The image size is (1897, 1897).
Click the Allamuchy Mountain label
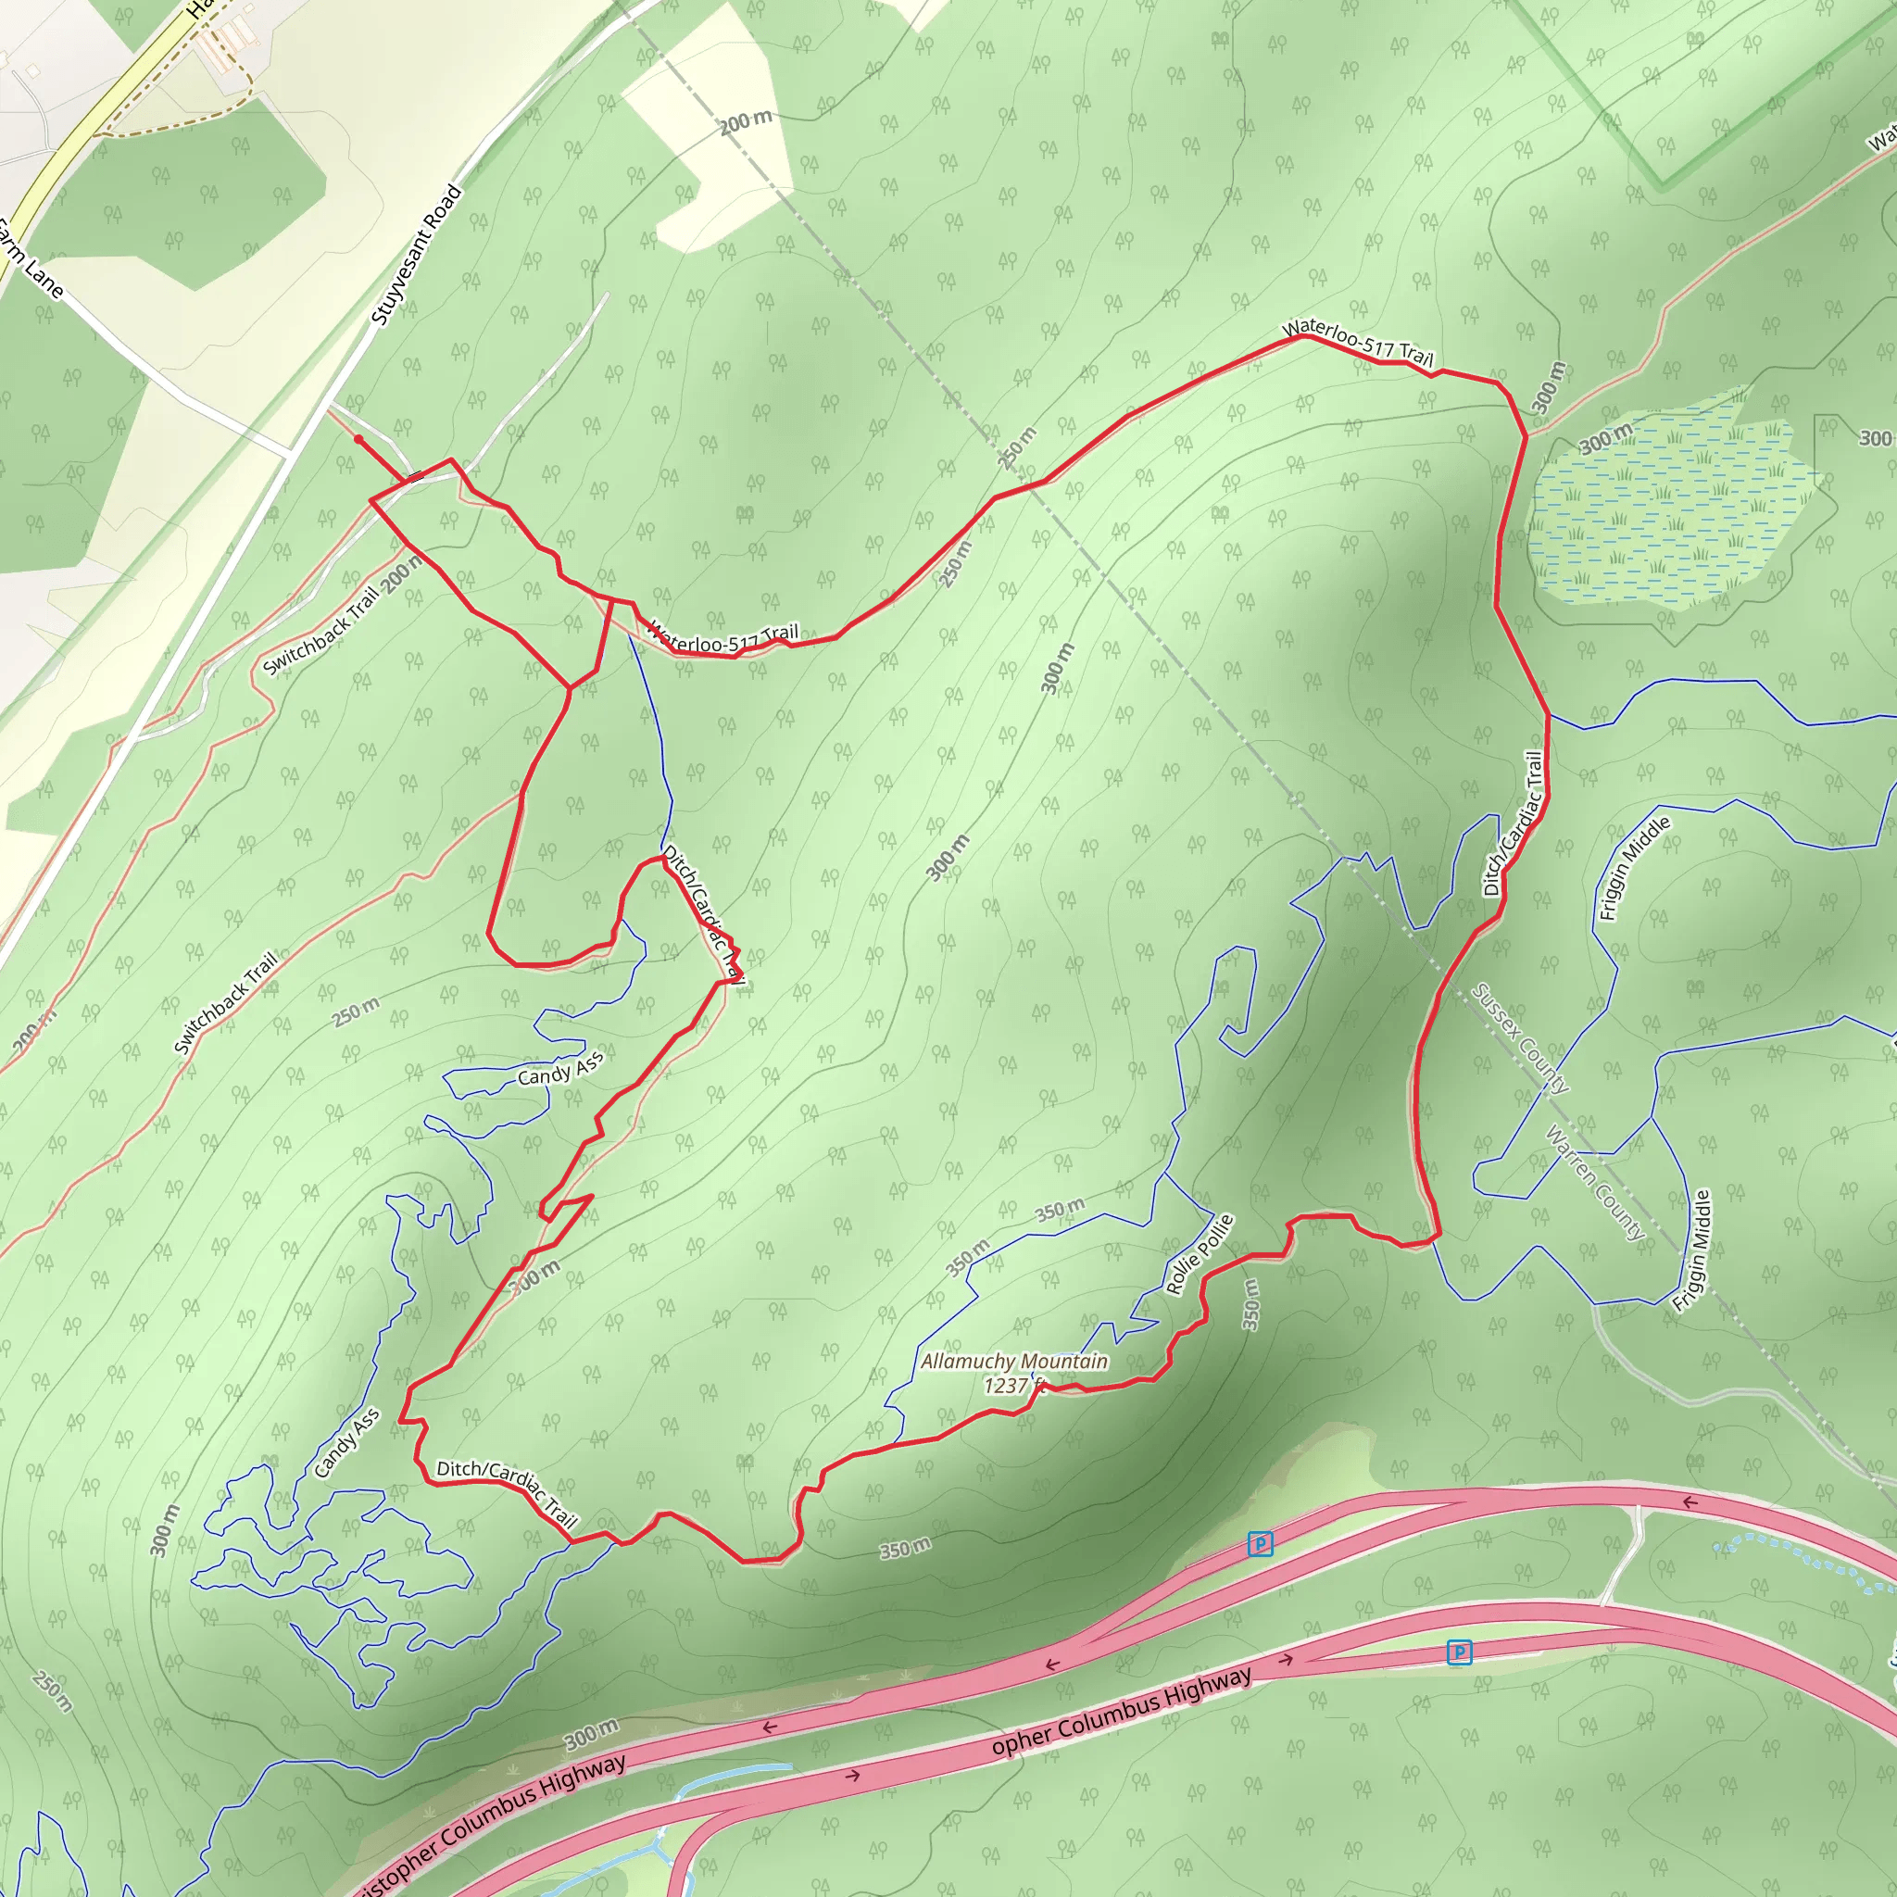pyautogui.click(x=1013, y=1362)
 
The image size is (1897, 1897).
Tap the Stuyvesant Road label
pyautogui.click(x=416, y=256)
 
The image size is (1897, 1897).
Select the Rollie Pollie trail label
pyautogui.click(x=1199, y=1254)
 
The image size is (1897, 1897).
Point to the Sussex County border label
pyautogui.click(x=1519, y=1037)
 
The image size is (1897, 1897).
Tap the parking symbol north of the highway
pyautogui.click(x=1260, y=1543)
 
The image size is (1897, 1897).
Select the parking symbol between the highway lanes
pyautogui.click(x=1459, y=1652)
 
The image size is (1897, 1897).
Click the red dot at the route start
pyautogui.click(x=358, y=439)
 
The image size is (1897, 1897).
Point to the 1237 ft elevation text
pyautogui.click(x=1011, y=1386)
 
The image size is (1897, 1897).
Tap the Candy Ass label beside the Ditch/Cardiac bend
pyautogui.click(x=560, y=1070)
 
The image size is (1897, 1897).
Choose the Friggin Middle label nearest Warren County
pyautogui.click(x=1691, y=1250)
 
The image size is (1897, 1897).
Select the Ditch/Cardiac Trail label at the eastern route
pyautogui.click(x=1514, y=823)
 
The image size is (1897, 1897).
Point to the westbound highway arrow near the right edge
pyautogui.click(x=1689, y=1502)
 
